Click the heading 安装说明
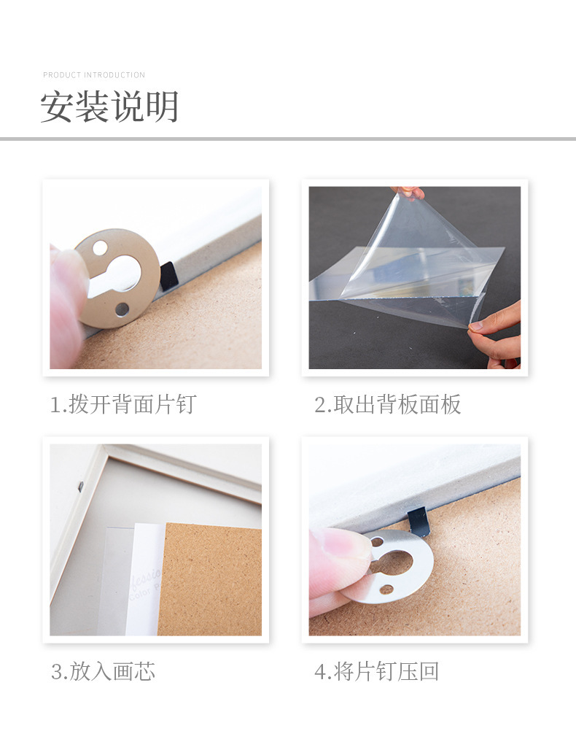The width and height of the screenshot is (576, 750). click(x=109, y=107)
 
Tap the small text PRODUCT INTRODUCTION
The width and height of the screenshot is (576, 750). click(x=94, y=75)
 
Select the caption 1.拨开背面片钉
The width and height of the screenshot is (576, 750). click(x=122, y=404)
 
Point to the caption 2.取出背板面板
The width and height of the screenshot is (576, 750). click(x=388, y=404)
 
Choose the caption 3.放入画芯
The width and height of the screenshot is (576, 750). click(x=103, y=671)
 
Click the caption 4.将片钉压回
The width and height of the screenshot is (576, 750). click(x=377, y=671)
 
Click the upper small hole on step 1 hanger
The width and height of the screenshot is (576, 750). click(x=100, y=248)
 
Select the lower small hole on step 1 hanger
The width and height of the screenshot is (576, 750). click(x=122, y=309)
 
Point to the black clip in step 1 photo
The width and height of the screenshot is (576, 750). click(x=168, y=276)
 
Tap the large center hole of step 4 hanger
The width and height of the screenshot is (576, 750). click(x=394, y=562)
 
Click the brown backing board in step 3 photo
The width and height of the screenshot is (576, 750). click(x=211, y=580)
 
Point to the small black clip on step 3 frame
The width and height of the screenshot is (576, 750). click(x=80, y=484)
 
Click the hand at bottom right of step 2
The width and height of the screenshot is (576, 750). click(x=497, y=332)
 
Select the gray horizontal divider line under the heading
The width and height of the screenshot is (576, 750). click(x=288, y=139)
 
